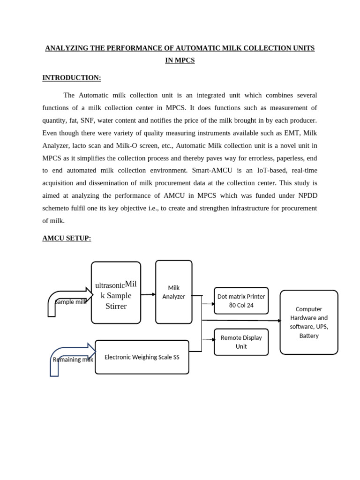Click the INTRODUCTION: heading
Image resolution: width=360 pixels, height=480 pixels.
point(71,78)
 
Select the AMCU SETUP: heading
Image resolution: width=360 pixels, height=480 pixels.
point(67,238)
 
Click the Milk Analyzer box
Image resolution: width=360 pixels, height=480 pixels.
point(173,292)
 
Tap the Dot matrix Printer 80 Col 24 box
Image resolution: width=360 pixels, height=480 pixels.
point(241,300)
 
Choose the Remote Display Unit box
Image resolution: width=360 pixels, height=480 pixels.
point(241,342)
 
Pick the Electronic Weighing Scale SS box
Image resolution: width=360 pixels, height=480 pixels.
point(142,357)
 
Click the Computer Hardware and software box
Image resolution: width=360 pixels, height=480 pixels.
point(308,322)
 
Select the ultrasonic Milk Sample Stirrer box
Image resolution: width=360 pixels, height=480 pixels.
point(116,293)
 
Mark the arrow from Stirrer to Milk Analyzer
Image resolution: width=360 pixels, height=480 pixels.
point(148,294)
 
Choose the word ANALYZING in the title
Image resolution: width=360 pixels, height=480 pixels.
point(67,48)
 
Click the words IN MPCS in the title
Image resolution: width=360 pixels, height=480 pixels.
point(180,60)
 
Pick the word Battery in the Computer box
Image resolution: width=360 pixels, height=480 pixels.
point(308,336)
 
